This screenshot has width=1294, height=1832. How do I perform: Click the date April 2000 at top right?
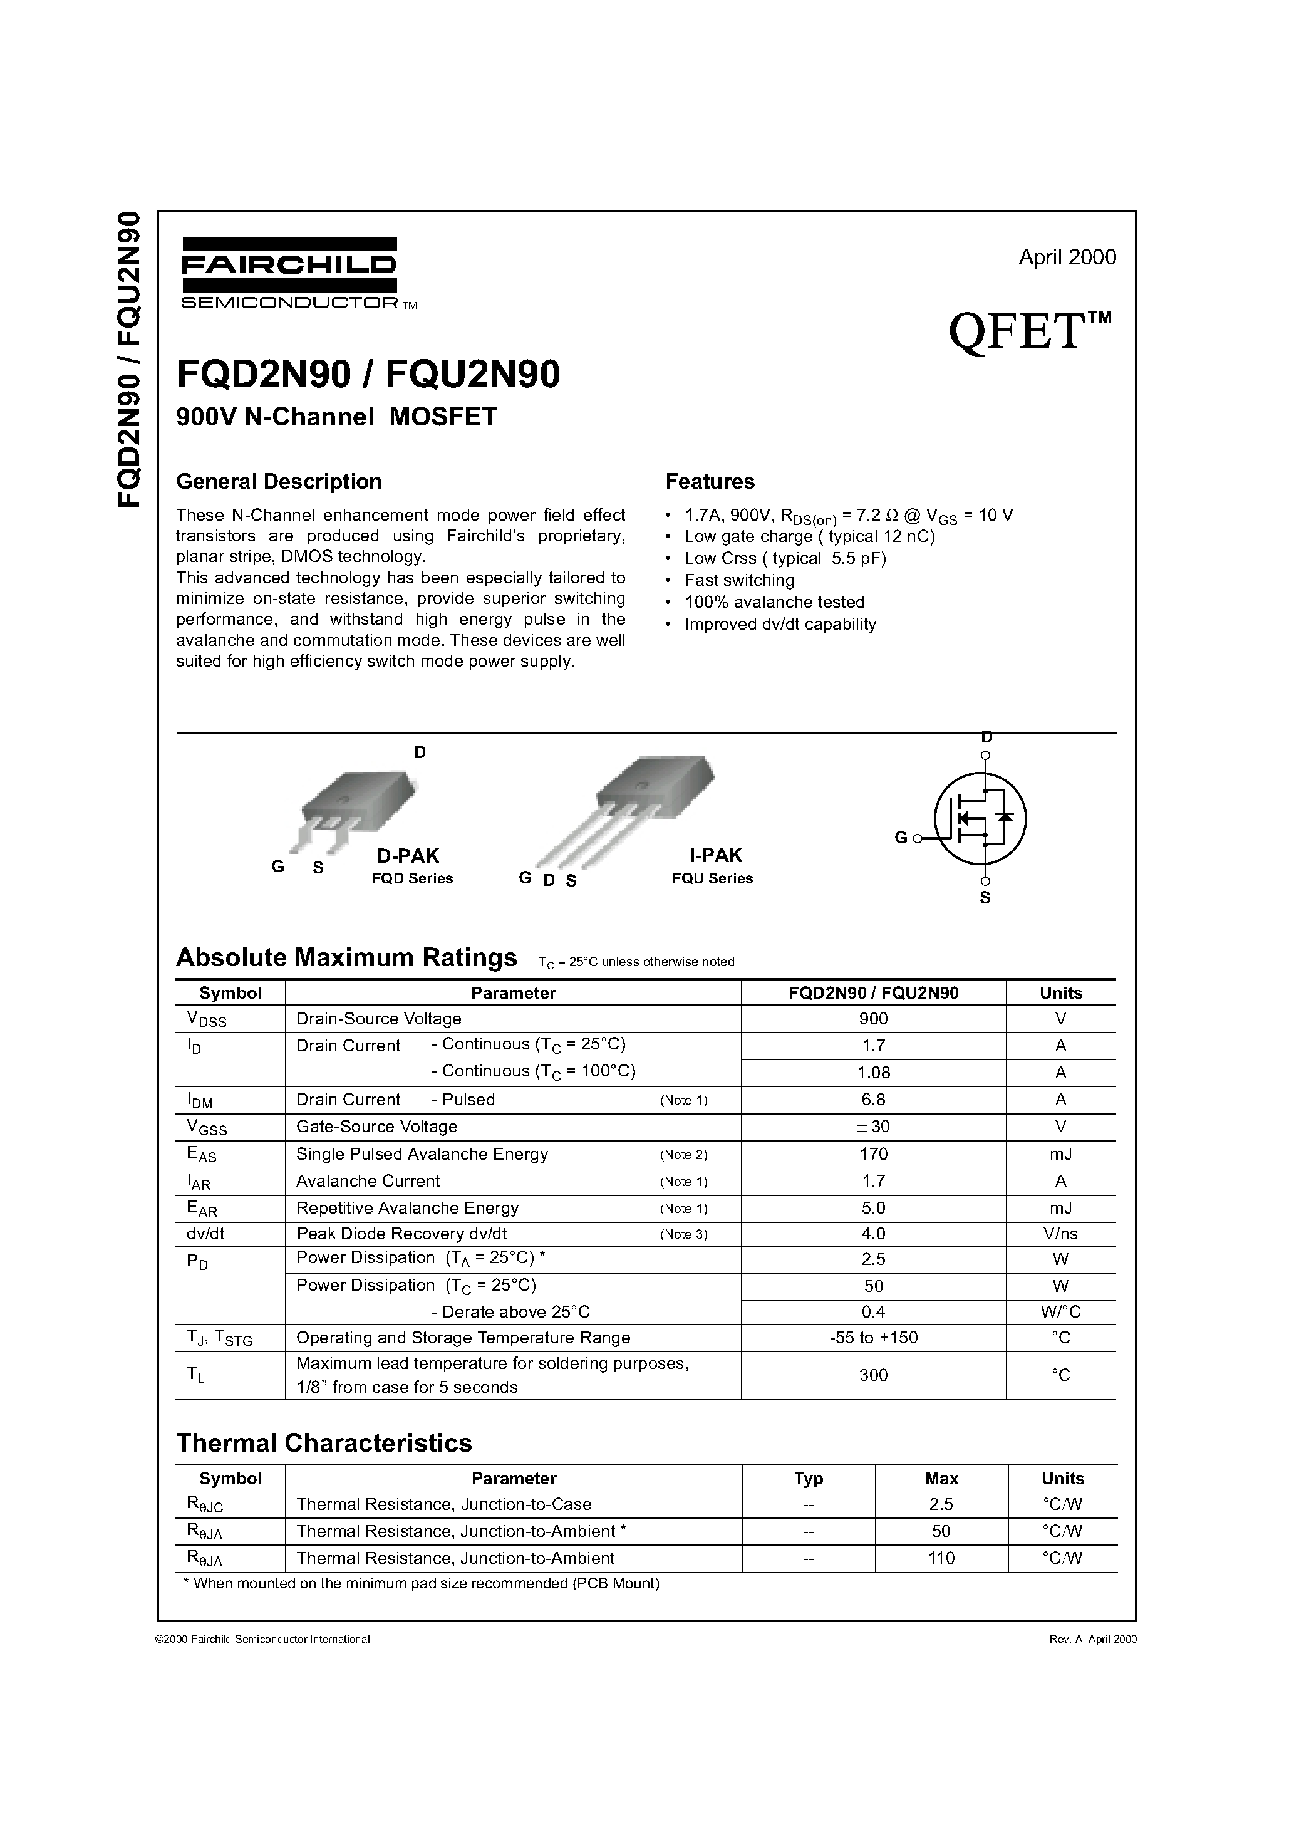tap(1067, 257)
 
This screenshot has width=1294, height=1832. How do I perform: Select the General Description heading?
tap(279, 482)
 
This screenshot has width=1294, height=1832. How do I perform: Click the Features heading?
tap(709, 482)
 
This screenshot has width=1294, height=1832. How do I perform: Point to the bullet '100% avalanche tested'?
tap(774, 603)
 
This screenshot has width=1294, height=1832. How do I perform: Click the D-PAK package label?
tap(408, 855)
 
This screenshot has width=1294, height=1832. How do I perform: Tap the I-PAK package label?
tap(716, 855)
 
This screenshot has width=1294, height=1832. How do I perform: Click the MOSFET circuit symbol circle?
tap(980, 819)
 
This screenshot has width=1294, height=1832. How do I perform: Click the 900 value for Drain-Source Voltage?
tap(874, 1019)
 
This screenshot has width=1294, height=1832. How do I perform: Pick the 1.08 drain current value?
tap(874, 1073)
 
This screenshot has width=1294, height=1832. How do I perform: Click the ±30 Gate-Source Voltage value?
tap(874, 1127)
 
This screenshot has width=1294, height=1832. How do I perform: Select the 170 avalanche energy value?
tap(874, 1154)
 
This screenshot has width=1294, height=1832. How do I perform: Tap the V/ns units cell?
tap(1060, 1234)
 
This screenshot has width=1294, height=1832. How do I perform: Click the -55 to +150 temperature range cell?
tap(874, 1338)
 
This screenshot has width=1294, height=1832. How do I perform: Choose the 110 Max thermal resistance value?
tap(941, 1558)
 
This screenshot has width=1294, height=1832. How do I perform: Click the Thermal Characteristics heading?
tap(324, 1444)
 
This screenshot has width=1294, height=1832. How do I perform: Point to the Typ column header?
tap(808, 1479)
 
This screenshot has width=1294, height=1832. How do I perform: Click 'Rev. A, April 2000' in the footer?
tap(1092, 1640)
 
